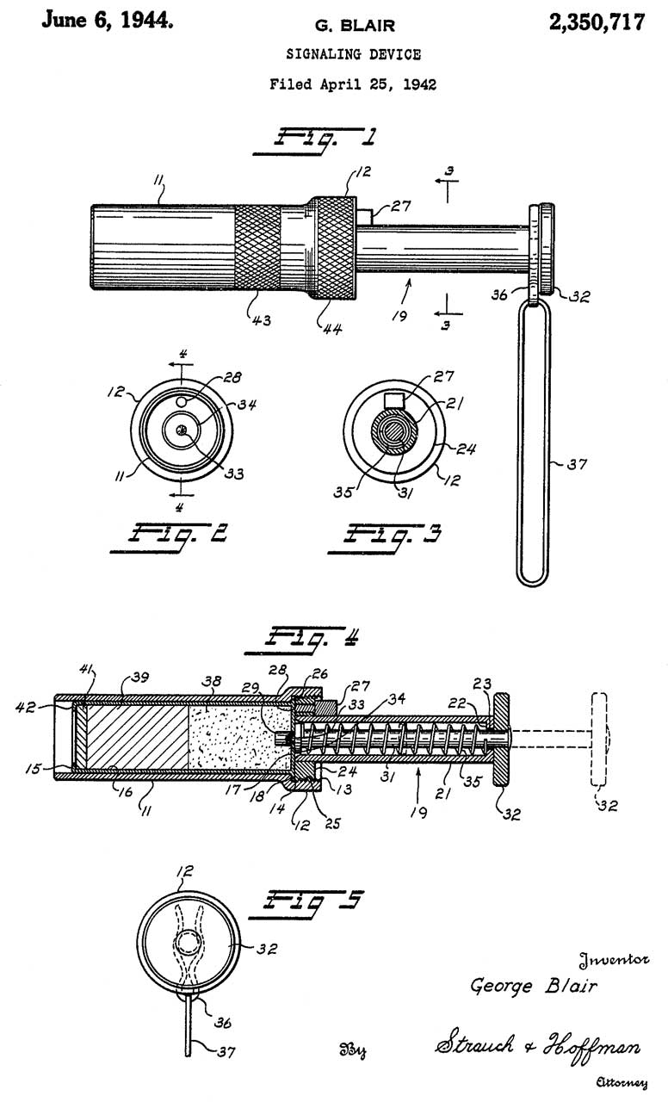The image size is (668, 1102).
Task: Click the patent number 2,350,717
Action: click(x=597, y=22)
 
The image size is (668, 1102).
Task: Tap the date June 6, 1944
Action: click(x=108, y=20)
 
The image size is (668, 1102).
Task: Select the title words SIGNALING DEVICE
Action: click(x=354, y=54)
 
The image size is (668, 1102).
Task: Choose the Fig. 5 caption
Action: click(x=307, y=904)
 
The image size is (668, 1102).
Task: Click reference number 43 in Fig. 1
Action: click(x=261, y=320)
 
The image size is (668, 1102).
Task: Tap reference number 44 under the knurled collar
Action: click(x=332, y=329)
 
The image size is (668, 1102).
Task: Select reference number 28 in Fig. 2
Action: click(x=232, y=377)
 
